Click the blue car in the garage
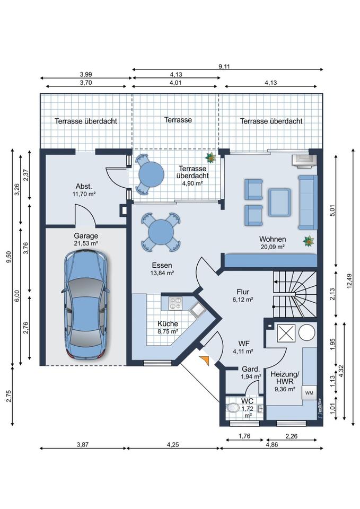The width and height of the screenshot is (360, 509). click(86, 304)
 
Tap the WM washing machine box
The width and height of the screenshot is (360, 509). click(309, 393)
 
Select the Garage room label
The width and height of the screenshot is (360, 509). click(86, 236)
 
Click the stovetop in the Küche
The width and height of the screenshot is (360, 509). click(175, 303)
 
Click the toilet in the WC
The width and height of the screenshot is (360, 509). click(233, 407)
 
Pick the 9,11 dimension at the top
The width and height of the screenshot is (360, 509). click(224, 67)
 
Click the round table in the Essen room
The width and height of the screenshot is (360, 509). click(161, 232)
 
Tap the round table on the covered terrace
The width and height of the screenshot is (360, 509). click(151, 174)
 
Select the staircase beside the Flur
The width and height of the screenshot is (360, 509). click(294, 294)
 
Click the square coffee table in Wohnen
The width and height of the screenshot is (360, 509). click(279, 203)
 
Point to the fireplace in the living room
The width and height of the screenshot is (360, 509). click(304, 160)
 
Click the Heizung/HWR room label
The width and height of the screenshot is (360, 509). click(285, 378)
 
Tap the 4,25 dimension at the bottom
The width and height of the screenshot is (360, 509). click(173, 444)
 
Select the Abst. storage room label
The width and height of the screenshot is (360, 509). click(84, 186)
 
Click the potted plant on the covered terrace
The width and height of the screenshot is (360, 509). click(210, 157)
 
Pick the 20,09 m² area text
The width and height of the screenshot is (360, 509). click(273, 247)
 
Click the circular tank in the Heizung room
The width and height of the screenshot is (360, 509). click(306, 332)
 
